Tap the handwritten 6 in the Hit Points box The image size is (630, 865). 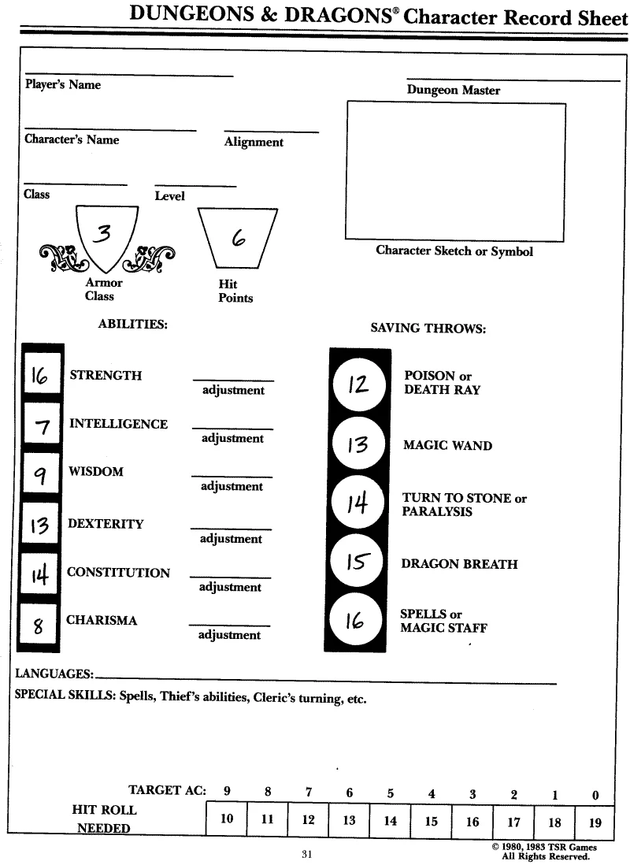pyautogui.click(x=236, y=236)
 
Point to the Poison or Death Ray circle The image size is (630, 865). pyautogui.click(x=358, y=384)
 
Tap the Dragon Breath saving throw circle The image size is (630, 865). pyautogui.click(x=358, y=561)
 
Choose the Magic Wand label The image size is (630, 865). pyautogui.click(x=447, y=446)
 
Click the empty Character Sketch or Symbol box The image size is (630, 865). pyautogui.click(x=455, y=171)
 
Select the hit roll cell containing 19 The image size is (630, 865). pyautogui.click(x=595, y=822)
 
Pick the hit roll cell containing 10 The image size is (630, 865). pyautogui.click(x=227, y=819)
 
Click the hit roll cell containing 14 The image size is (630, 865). pyautogui.click(x=391, y=821)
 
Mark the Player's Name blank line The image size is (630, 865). pyautogui.click(x=128, y=76)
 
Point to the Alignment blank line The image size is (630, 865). pyautogui.click(x=271, y=132)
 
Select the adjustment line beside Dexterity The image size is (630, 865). pyautogui.click(x=231, y=529)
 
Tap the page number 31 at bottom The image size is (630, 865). pyautogui.click(x=307, y=854)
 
